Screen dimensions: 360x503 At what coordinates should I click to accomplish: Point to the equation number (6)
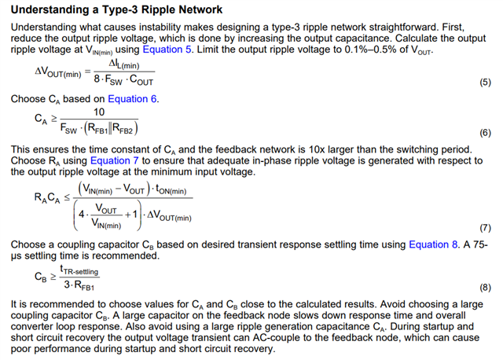[485, 133]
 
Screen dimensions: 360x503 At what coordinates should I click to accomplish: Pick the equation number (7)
[485, 228]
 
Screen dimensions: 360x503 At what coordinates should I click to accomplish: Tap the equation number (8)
[485, 288]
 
